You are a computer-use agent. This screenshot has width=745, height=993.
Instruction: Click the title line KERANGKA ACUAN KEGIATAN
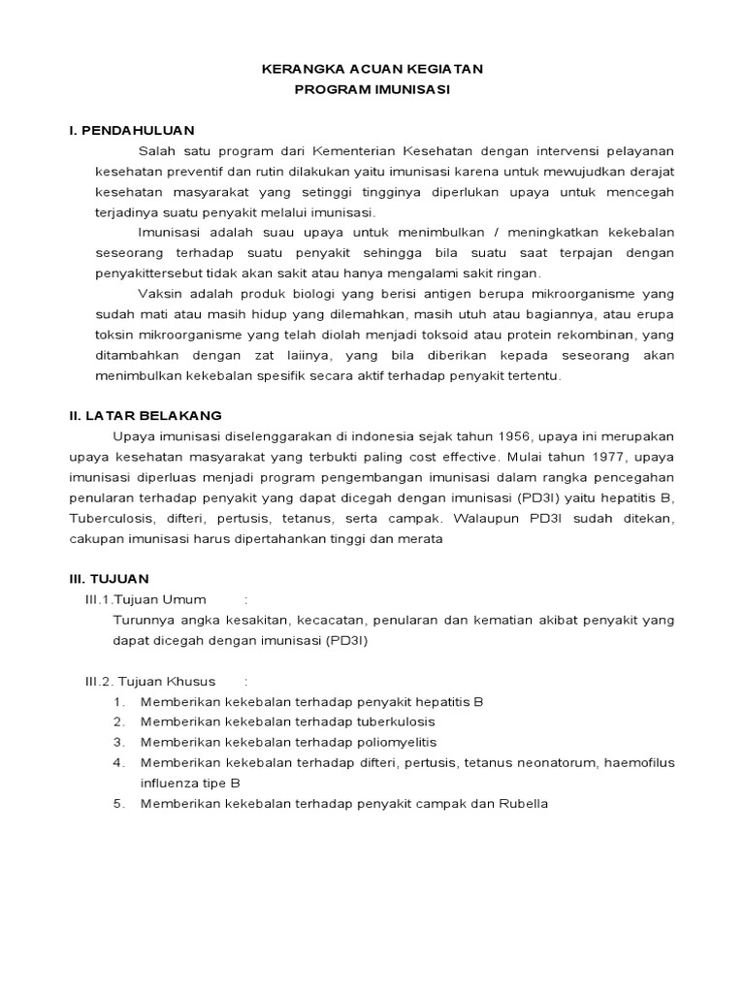(x=372, y=71)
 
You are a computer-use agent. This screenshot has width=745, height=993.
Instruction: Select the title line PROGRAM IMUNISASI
(x=372, y=90)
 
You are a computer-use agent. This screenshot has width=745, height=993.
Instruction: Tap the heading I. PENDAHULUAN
(x=132, y=130)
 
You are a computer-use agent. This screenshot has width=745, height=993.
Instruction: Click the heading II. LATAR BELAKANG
(x=145, y=415)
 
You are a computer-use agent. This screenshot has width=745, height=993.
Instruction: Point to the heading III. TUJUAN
(x=109, y=578)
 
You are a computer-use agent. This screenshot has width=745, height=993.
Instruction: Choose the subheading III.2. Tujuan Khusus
(x=150, y=681)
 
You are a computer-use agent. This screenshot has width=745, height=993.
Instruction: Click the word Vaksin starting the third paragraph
(x=160, y=294)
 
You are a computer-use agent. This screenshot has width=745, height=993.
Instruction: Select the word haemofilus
(x=639, y=762)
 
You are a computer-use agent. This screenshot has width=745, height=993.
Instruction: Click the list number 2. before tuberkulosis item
(x=119, y=721)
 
